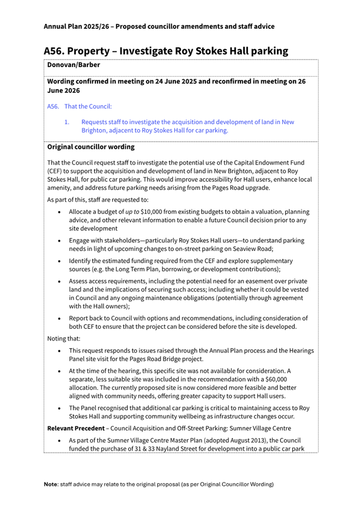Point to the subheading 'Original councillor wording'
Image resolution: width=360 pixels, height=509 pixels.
(91, 147)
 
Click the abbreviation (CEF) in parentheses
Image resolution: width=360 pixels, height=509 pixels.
(57, 171)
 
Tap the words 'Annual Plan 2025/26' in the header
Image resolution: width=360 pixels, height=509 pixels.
(80, 26)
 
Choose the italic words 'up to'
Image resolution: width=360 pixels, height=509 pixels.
(132, 212)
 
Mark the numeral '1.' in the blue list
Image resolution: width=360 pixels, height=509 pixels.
(67, 122)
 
